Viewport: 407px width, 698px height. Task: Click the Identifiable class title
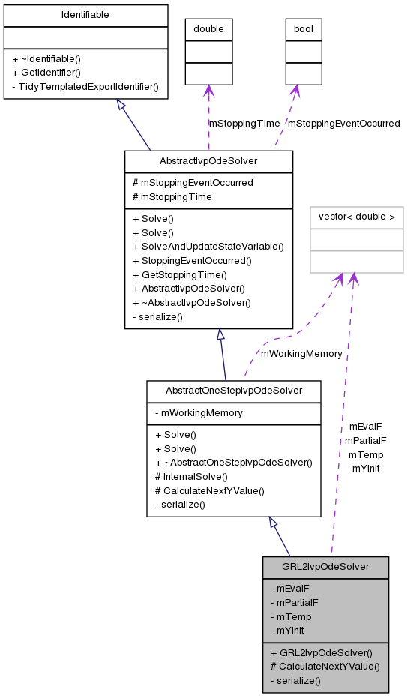tap(85, 15)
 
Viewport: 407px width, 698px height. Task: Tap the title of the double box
tap(208, 30)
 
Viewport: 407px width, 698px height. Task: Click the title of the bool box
tap(304, 30)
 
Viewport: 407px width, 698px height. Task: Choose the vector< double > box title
tap(357, 217)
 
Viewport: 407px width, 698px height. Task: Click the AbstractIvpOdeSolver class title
tap(208, 161)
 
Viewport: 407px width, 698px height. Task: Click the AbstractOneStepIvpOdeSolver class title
tap(234, 391)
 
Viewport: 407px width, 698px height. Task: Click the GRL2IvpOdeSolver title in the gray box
tap(325, 566)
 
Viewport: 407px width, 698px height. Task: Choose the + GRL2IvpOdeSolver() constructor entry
tap(322, 652)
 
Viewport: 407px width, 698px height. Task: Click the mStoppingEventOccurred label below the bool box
tap(343, 123)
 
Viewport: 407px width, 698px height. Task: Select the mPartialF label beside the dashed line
tap(365, 441)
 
